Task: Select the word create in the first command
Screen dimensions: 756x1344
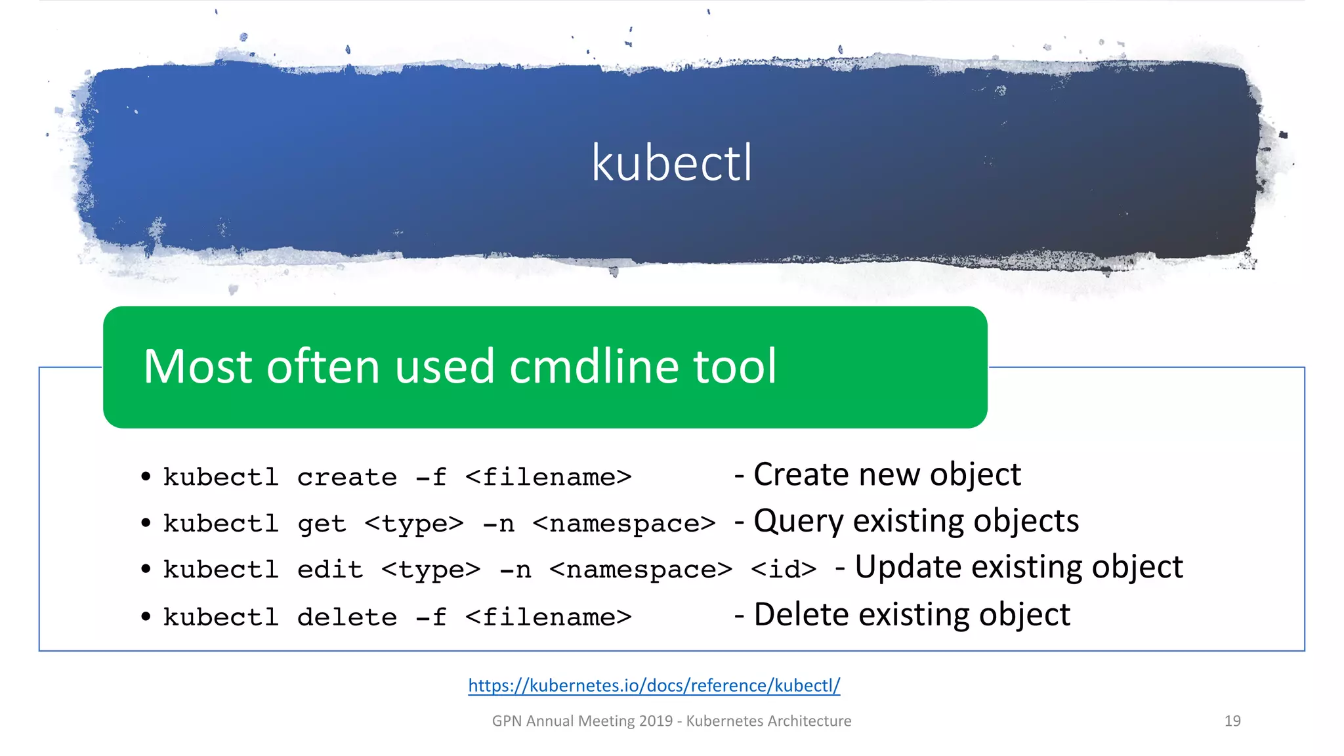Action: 346,477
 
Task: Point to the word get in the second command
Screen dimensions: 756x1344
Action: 322,524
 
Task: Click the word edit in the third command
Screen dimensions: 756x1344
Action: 329,570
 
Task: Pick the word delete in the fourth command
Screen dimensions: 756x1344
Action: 346,617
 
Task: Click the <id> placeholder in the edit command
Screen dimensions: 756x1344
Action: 783,569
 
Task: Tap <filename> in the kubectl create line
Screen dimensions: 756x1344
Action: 548,477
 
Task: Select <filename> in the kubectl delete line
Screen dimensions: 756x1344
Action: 548,617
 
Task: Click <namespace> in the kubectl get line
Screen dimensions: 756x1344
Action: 623,524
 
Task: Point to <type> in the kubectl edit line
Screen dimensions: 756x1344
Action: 430,570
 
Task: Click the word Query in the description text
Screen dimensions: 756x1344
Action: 797,522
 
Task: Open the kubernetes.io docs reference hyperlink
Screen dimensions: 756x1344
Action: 654,686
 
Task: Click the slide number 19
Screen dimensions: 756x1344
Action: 1232,721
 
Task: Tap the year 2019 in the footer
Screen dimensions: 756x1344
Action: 656,721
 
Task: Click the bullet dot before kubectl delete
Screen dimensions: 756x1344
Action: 146,617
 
